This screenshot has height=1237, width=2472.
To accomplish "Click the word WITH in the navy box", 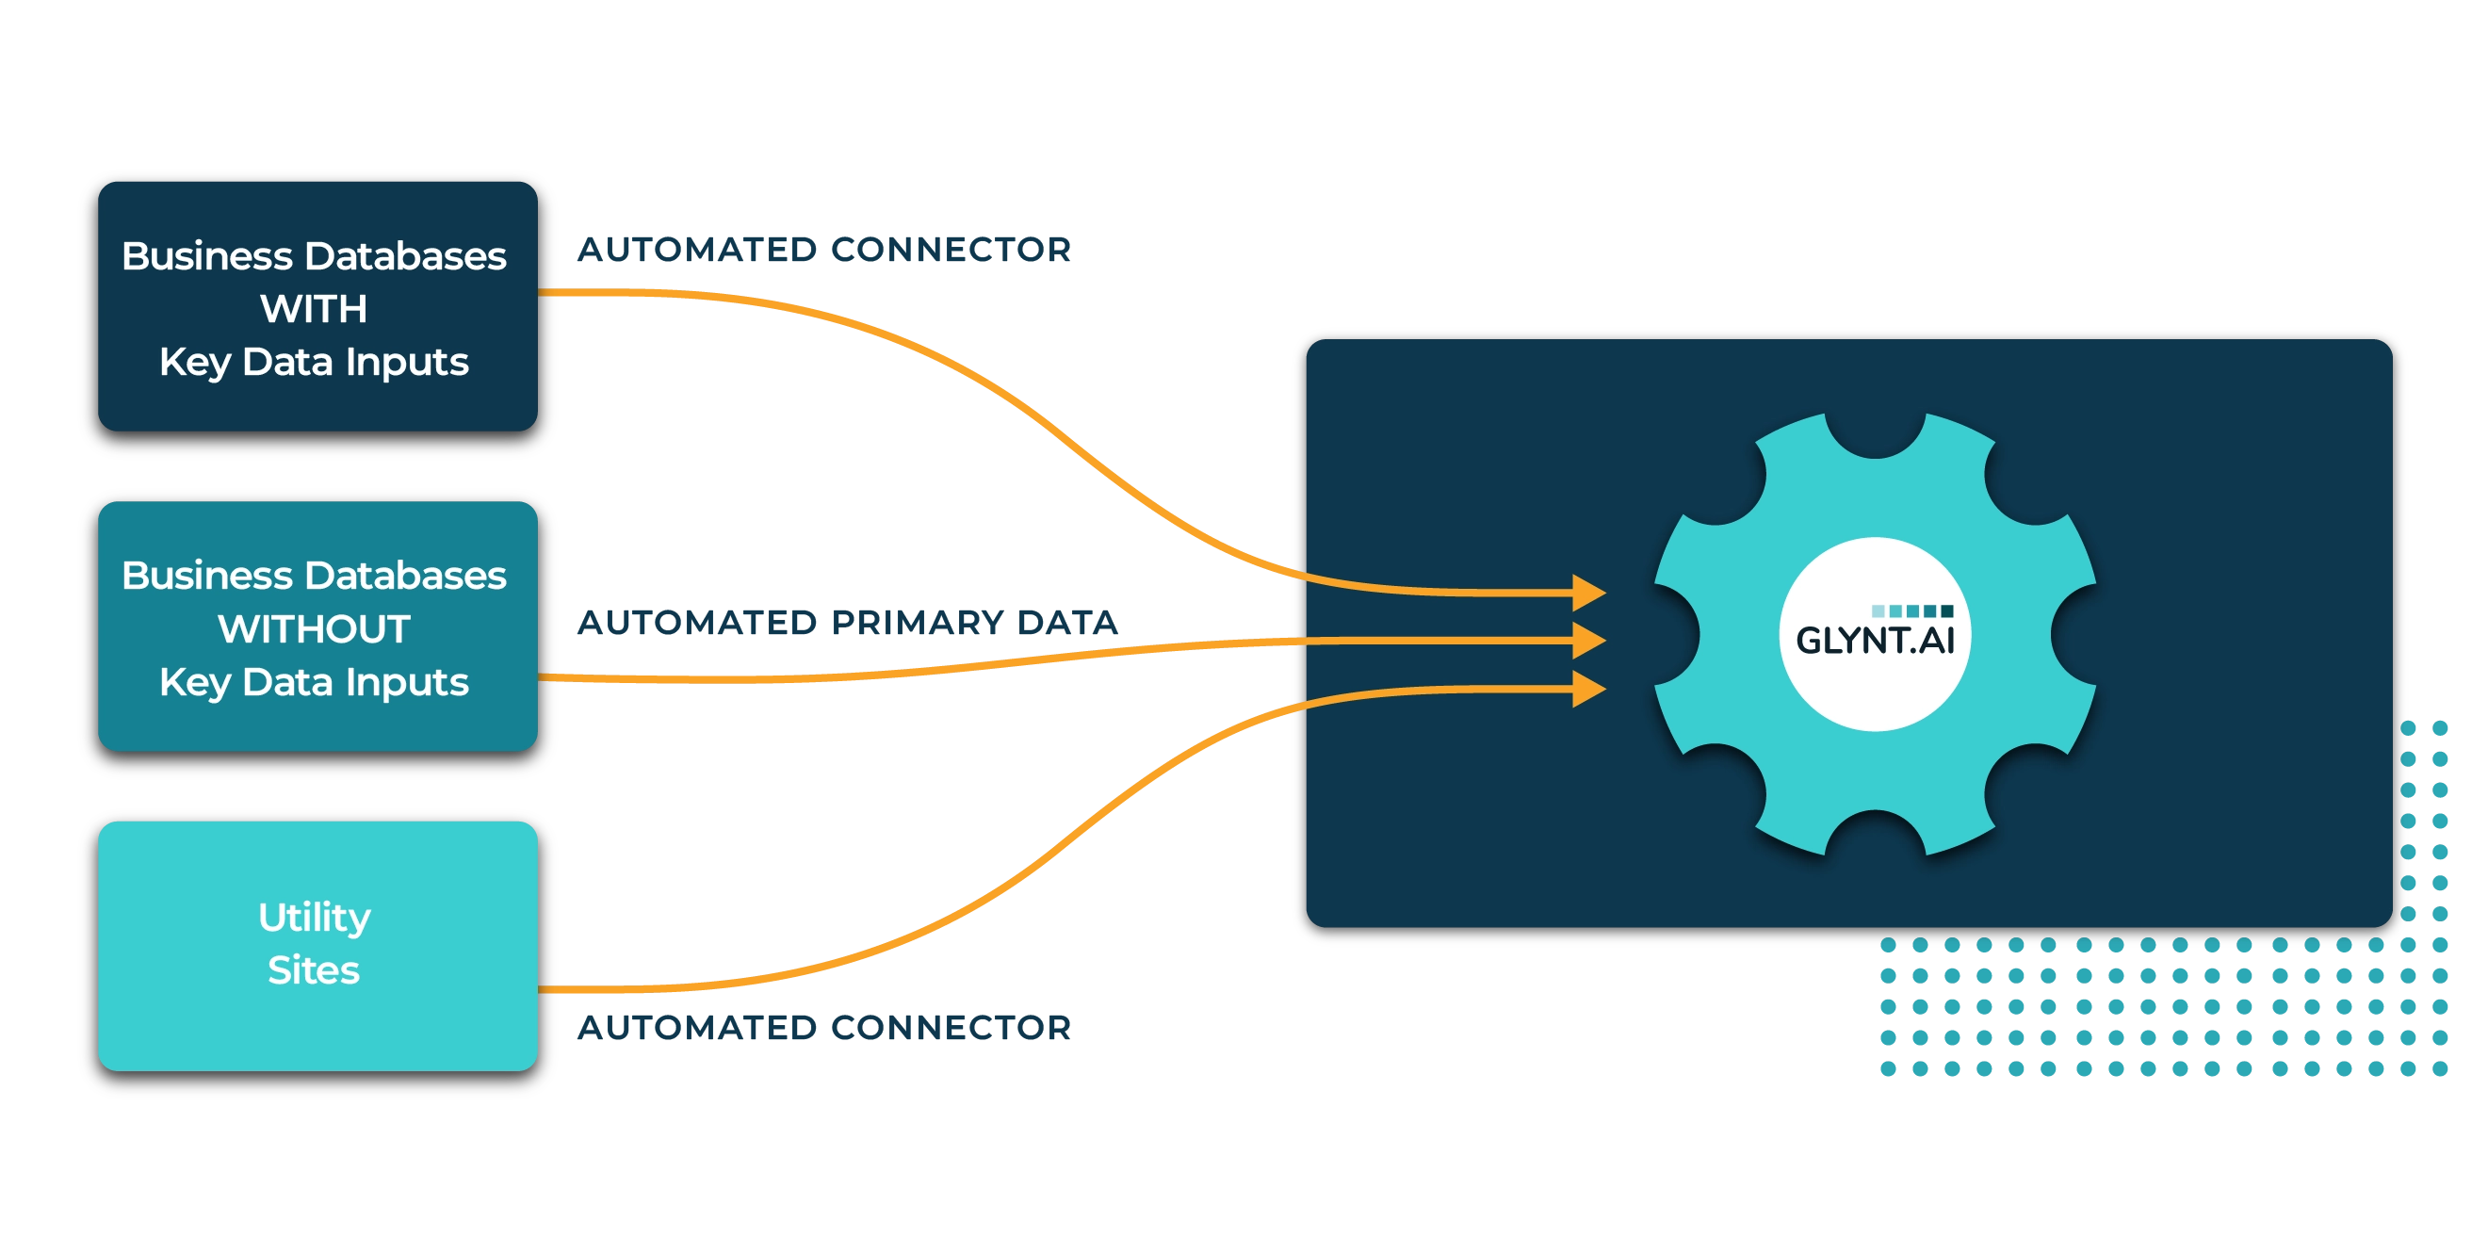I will pyautogui.click(x=314, y=309).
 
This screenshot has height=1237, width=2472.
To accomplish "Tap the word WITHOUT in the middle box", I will pyautogui.click(x=314, y=629).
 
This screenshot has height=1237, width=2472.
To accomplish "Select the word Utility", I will pyautogui.click(x=314, y=918).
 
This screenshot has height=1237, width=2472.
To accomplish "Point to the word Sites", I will pyautogui.click(x=314, y=970).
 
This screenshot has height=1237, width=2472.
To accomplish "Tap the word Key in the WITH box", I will pyautogui.click(x=195, y=363).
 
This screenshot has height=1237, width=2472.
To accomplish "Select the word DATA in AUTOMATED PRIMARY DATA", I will pyautogui.click(x=1068, y=623).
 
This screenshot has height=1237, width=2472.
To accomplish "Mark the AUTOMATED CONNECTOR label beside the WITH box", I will pyautogui.click(x=821, y=249).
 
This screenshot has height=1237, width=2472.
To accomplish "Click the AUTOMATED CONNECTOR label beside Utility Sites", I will pyautogui.click(x=821, y=1025).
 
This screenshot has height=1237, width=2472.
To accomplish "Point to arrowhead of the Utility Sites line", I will pyautogui.click(x=1588, y=688).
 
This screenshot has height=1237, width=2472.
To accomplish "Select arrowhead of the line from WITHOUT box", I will pyautogui.click(x=1588, y=639).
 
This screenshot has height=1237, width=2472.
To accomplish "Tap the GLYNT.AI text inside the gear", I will pyautogui.click(x=1874, y=641).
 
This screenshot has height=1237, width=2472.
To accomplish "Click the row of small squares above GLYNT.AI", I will pyautogui.click(x=1911, y=610).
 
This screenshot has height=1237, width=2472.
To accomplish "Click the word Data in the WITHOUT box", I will pyautogui.click(x=287, y=682).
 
